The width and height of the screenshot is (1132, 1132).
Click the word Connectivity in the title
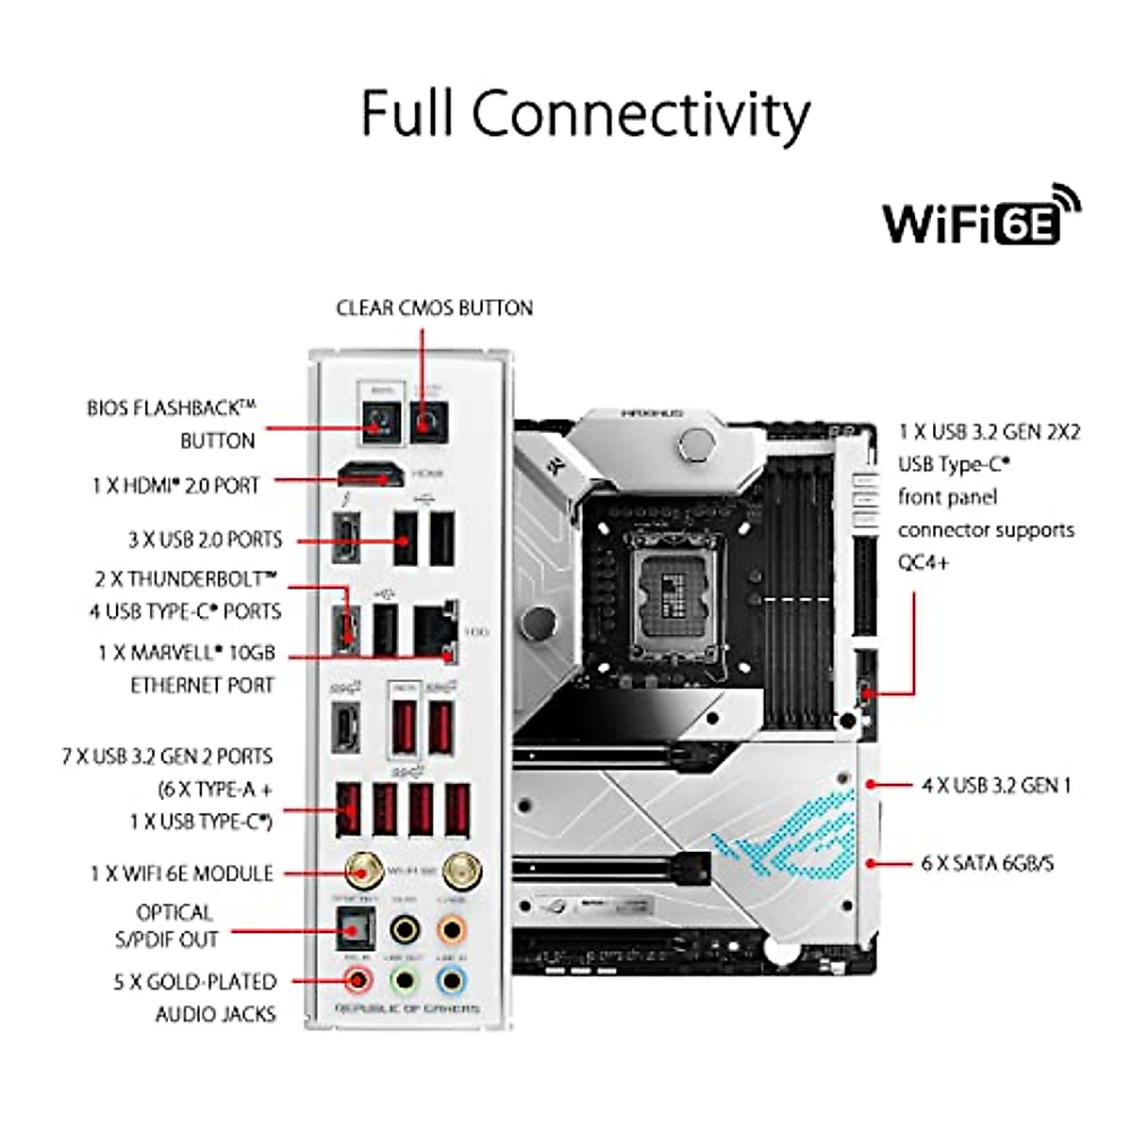click(x=641, y=114)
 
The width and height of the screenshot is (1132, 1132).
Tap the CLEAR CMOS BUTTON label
click(x=434, y=308)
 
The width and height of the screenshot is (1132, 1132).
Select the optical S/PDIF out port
click(x=356, y=929)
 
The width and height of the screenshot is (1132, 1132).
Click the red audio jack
click(x=358, y=981)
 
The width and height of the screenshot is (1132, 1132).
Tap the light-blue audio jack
click(x=452, y=981)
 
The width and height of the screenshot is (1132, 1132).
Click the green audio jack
click(x=405, y=981)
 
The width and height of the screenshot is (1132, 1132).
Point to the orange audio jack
click(x=452, y=930)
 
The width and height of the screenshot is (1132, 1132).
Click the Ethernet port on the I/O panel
click(x=435, y=629)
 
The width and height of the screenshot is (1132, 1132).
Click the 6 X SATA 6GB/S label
click(x=988, y=863)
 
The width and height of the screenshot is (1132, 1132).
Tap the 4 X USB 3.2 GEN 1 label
click(x=996, y=785)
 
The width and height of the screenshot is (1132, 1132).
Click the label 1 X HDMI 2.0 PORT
click(x=175, y=485)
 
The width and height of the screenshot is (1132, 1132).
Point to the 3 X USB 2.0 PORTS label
click(x=205, y=541)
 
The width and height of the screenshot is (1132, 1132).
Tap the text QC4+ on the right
click(x=924, y=563)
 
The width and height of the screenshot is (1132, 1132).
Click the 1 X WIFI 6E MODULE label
click(x=182, y=874)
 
